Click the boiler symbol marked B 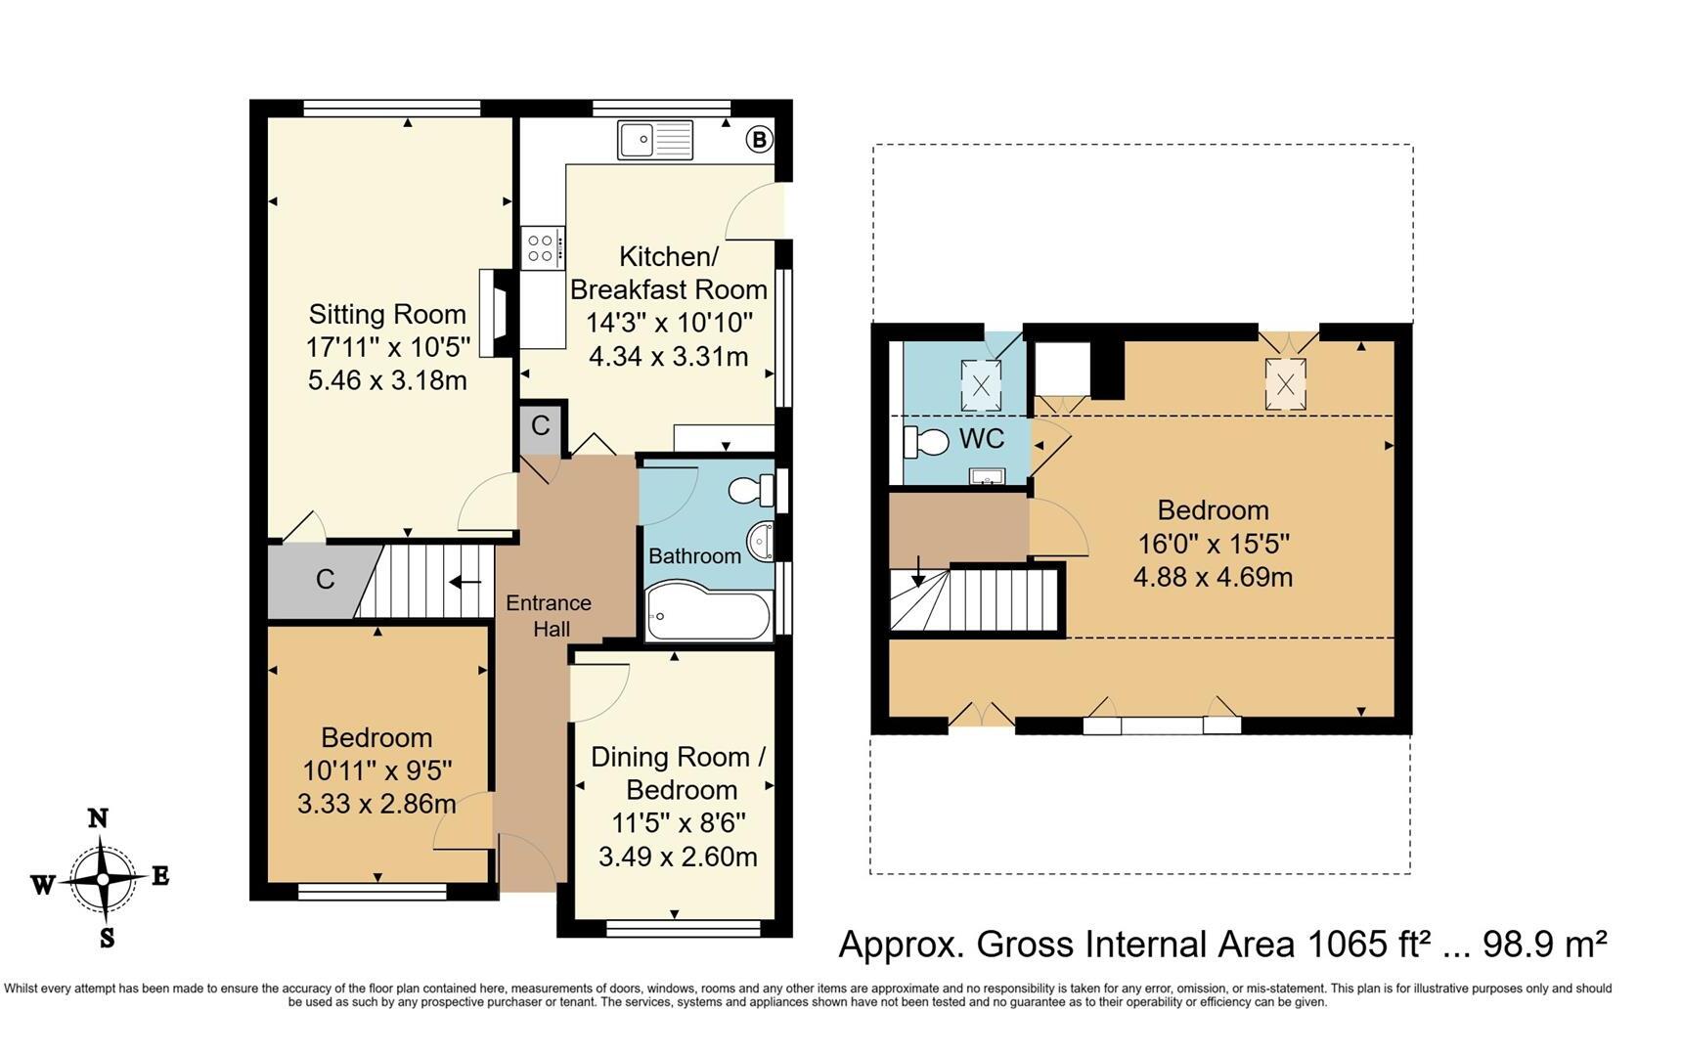point(759,139)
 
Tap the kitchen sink point(655,140)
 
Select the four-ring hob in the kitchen point(543,246)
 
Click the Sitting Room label point(387,314)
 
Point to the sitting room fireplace point(497,313)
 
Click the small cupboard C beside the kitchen point(541,426)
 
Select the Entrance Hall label point(549,616)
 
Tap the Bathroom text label point(695,556)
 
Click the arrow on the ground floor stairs point(465,583)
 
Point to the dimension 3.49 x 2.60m point(678,857)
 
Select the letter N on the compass point(98,818)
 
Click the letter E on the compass point(160,875)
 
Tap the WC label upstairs point(982,438)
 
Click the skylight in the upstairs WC point(981,385)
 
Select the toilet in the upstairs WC point(926,442)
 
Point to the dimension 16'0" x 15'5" point(1214,543)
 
